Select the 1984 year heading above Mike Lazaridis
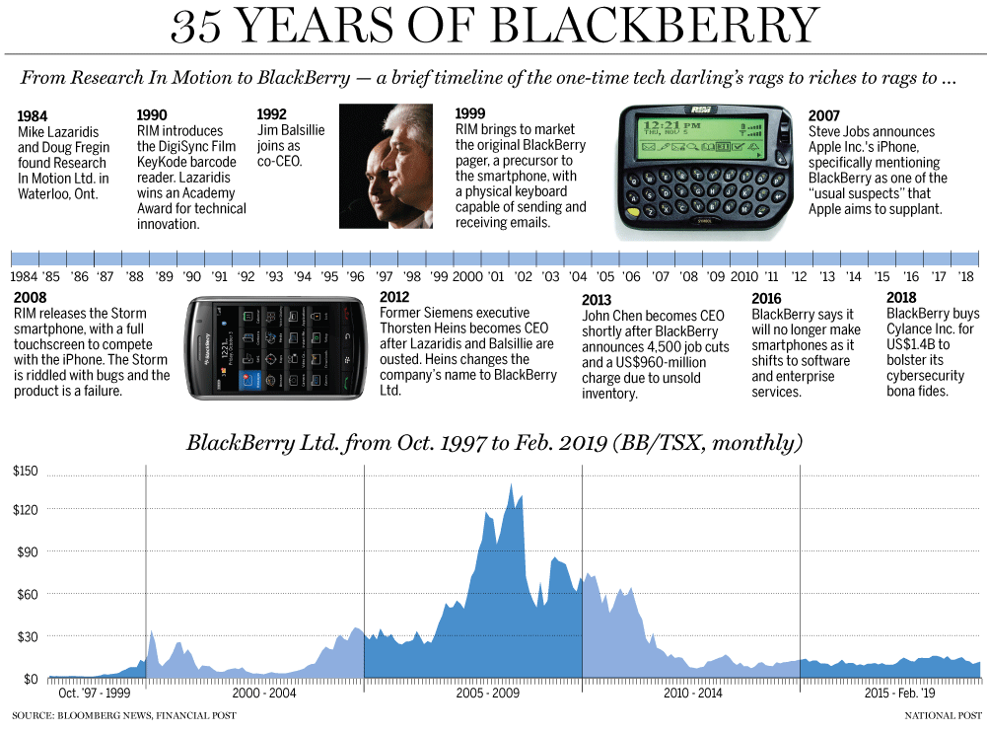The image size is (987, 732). pos(34,115)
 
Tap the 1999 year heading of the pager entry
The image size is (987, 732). pos(472,115)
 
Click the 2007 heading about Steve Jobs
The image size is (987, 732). pos(824,115)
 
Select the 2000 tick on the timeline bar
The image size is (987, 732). pos(466,277)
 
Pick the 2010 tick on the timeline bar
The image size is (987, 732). pos(743,277)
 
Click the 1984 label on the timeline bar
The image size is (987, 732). pos(25,277)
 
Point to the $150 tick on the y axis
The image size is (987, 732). pos(25,472)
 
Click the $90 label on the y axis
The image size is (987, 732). pos(25,550)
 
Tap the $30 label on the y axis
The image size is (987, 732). pos(25,636)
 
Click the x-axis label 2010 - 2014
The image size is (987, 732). pos(691,694)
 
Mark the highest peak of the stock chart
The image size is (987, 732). pos(511,484)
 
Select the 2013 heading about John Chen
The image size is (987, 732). pos(598,300)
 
